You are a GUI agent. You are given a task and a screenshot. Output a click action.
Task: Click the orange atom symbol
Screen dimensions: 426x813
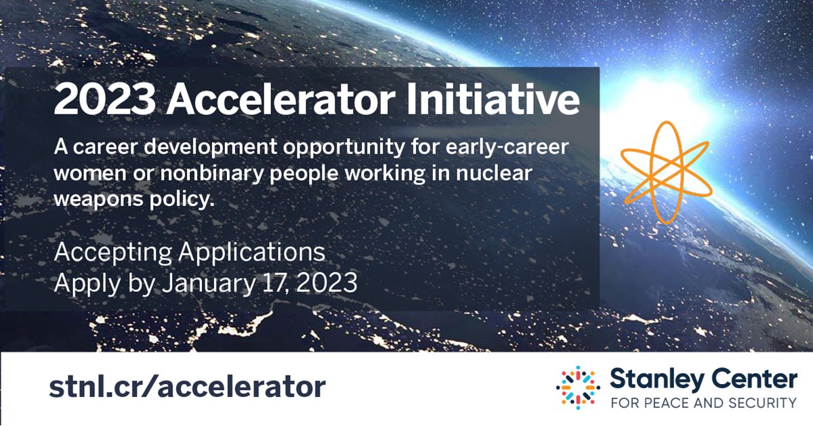665,171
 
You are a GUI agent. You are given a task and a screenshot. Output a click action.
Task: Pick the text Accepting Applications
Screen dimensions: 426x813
190,252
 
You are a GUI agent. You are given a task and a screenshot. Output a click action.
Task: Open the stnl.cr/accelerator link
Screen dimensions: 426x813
187,387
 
